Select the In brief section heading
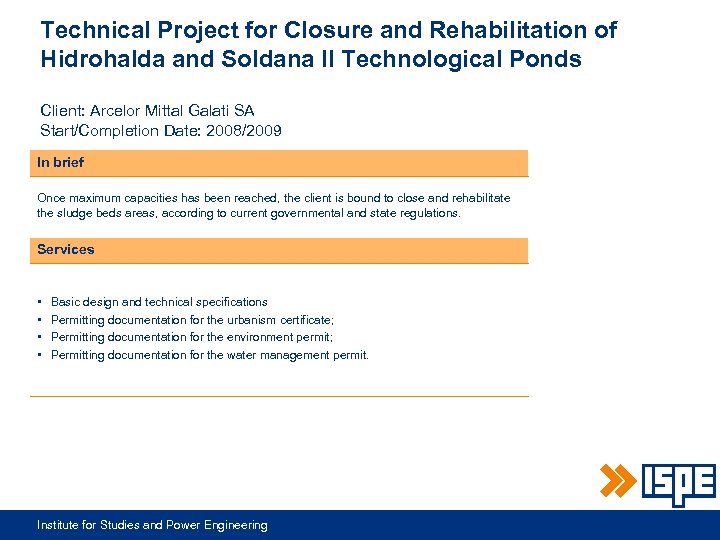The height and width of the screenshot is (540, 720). [x=61, y=162]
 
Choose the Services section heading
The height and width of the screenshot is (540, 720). [x=66, y=249]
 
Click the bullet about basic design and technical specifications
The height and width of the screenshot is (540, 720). [x=159, y=302]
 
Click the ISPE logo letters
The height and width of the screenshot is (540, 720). [x=678, y=483]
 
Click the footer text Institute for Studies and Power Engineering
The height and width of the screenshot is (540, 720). [x=152, y=525]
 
